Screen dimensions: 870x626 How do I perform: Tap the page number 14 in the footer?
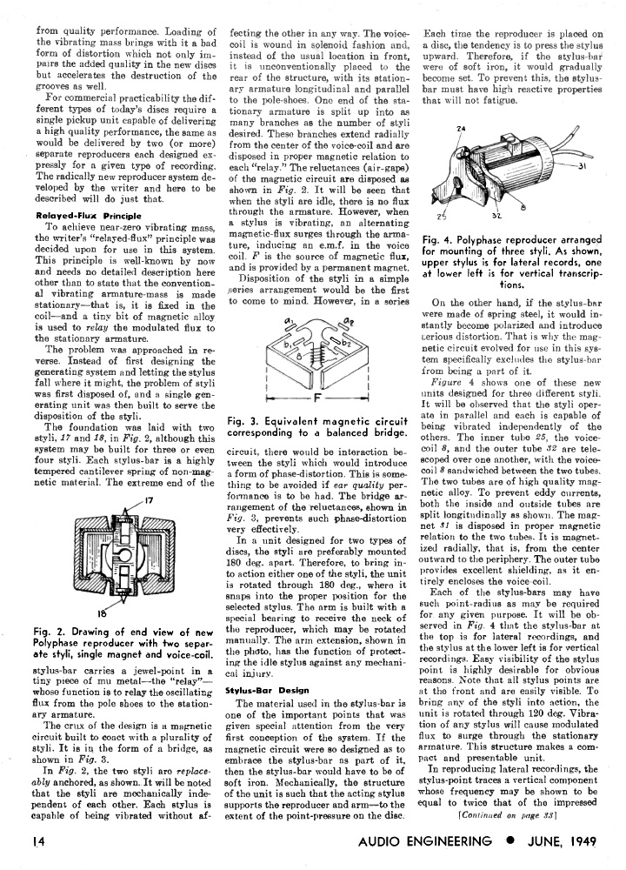[x=43, y=842]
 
